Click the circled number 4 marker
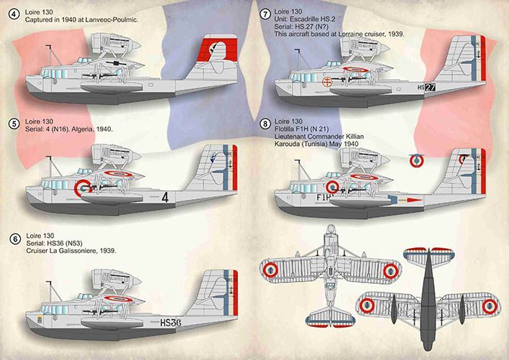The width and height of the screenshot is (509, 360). (x=14, y=14)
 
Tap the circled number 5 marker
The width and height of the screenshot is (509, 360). (x=14, y=124)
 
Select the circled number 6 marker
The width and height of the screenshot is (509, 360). (x=15, y=239)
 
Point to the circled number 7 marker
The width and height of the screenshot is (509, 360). (x=265, y=14)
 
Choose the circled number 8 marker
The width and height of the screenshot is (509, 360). (x=265, y=124)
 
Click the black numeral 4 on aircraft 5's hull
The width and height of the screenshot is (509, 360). (x=165, y=197)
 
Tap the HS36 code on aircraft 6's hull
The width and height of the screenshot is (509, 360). (x=171, y=323)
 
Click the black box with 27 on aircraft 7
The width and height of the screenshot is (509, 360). (x=430, y=87)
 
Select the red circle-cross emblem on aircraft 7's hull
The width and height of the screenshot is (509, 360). (x=327, y=82)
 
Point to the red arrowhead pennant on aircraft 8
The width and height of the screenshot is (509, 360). (x=415, y=200)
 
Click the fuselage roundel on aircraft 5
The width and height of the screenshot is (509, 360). (x=83, y=188)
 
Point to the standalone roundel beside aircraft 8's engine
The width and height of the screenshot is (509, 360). (x=416, y=161)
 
